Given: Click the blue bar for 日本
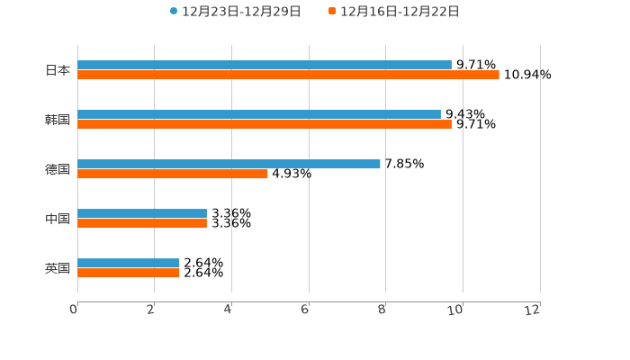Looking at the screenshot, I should click(x=265, y=65).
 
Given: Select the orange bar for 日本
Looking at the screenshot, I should click(x=288, y=75).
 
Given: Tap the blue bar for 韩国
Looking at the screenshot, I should click(x=259, y=114).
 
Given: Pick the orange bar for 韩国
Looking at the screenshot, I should click(x=265, y=124).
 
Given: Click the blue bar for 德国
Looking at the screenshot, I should click(x=229, y=164).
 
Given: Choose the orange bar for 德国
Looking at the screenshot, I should click(x=173, y=174).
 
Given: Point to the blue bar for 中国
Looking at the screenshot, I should click(x=142, y=213).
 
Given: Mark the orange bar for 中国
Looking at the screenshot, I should click(x=142, y=223).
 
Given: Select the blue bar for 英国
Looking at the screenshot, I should click(x=129, y=263).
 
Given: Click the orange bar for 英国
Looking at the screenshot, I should click(x=129, y=273).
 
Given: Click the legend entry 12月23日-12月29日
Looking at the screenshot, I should click(x=236, y=12).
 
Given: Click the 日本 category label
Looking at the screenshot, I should click(x=58, y=70).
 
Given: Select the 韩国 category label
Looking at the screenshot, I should click(x=58, y=120).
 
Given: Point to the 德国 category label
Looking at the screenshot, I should click(x=58, y=169).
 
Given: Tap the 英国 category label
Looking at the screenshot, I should click(x=58, y=268).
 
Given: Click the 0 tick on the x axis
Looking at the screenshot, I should click(x=74, y=310).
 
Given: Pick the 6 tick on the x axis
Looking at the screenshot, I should click(x=305, y=310).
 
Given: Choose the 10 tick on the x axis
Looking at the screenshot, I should click(x=456, y=310).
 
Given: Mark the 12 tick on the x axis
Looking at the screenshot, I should click(x=534, y=310).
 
